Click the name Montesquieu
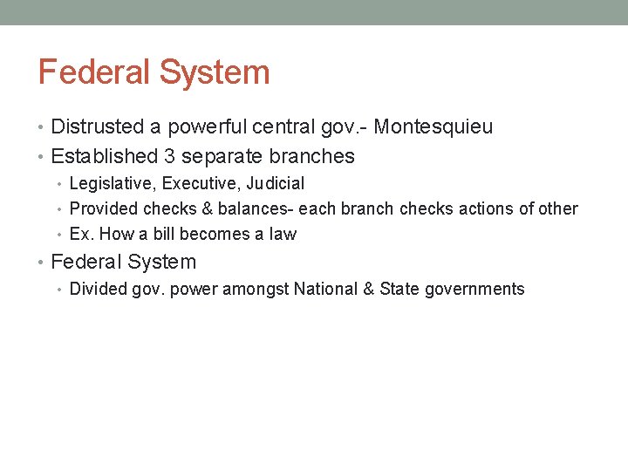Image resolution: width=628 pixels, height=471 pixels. (433, 127)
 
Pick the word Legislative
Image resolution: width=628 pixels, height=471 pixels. (108, 184)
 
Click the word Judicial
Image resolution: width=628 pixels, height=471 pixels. (276, 184)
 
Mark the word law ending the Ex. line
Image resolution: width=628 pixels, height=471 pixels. (283, 235)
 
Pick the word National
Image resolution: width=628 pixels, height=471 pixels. (325, 290)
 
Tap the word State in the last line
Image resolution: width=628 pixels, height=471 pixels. (399, 290)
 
